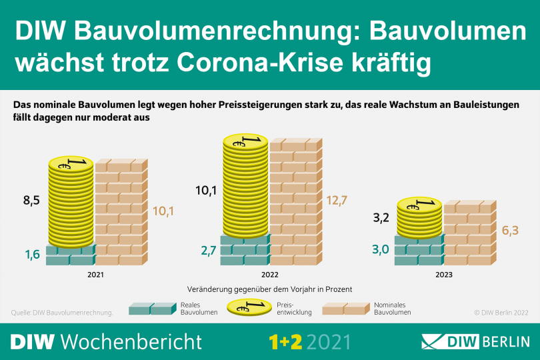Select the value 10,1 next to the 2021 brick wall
point(163,212)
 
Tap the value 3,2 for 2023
point(382,217)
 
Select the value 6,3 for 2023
point(511,231)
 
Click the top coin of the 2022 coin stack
point(245,141)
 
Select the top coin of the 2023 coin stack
point(419,203)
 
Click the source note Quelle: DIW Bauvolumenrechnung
point(63,312)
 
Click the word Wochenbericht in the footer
point(131,341)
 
